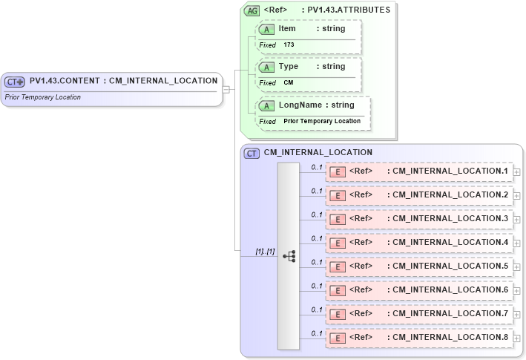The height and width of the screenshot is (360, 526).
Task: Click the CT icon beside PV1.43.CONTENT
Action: (x=15, y=82)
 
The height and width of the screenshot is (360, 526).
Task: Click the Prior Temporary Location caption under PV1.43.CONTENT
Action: (x=43, y=97)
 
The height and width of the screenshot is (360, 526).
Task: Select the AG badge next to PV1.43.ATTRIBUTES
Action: (x=252, y=10)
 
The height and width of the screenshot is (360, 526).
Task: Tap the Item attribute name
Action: (x=287, y=29)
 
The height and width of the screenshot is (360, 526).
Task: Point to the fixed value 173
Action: (x=289, y=45)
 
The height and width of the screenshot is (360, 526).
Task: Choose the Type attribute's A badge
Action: (x=266, y=67)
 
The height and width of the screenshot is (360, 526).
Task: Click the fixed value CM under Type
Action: (x=289, y=83)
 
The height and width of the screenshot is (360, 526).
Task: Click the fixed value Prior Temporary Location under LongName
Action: (x=322, y=121)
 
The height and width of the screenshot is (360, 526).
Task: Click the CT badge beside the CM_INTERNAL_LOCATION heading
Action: (x=252, y=154)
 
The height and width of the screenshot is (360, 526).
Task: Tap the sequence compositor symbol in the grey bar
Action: (x=289, y=256)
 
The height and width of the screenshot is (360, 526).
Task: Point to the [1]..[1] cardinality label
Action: (x=265, y=252)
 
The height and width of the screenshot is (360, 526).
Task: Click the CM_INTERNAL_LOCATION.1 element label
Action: (x=450, y=171)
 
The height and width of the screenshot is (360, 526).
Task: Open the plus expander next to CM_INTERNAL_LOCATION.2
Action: (x=516, y=195)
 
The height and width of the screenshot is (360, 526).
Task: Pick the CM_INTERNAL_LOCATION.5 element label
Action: (x=450, y=266)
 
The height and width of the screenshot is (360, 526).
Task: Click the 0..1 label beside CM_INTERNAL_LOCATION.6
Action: (x=317, y=286)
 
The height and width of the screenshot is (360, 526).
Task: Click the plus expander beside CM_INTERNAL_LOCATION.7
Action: (x=516, y=314)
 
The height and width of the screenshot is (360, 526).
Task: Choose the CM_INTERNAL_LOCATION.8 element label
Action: (x=450, y=338)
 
